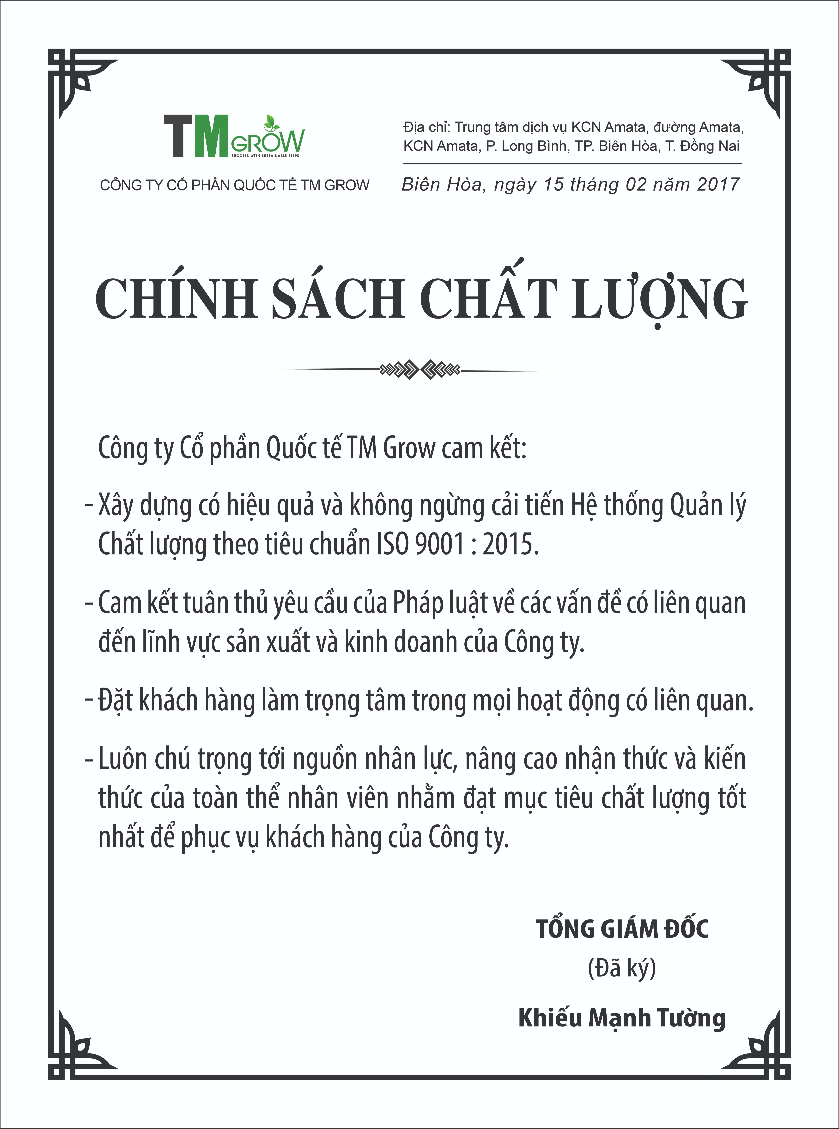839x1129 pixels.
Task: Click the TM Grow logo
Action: click(x=234, y=136)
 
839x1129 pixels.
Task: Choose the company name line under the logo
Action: click(x=235, y=185)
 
